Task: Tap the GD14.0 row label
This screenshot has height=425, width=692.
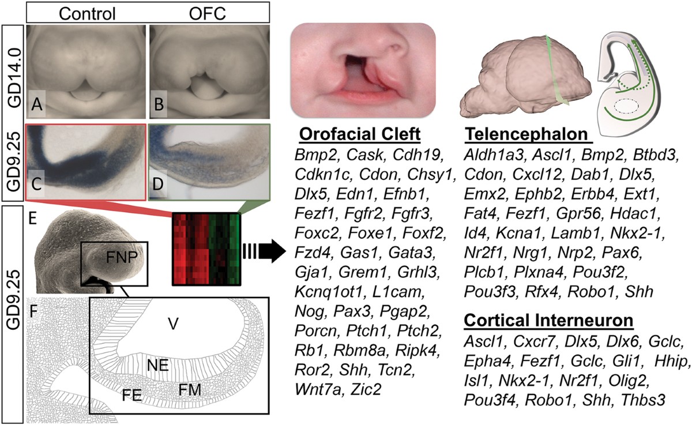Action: point(12,70)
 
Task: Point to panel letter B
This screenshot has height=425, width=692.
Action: point(159,107)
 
